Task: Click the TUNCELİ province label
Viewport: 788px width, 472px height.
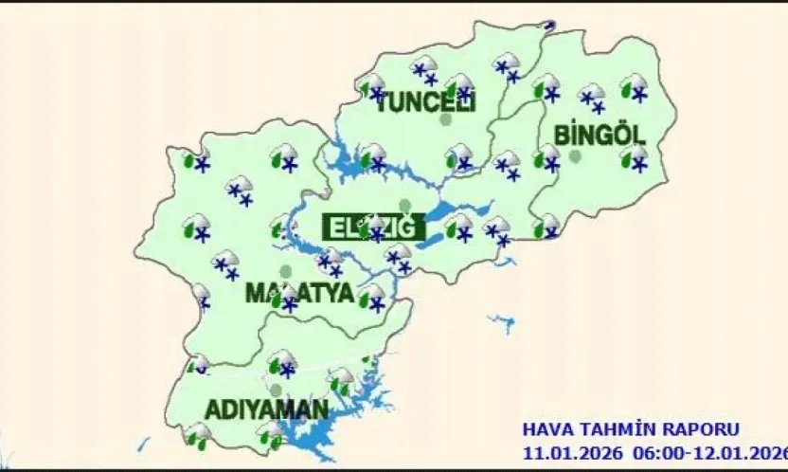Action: (x=425, y=102)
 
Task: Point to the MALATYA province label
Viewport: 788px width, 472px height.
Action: (x=299, y=292)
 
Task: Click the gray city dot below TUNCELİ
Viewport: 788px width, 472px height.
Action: (x=445, y=120)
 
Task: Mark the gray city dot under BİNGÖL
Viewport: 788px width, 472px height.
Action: (x=575, y=156)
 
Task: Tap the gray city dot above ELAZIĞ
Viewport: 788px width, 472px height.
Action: (x=405, y=205)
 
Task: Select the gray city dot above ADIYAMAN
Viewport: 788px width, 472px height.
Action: (x=276, y=390)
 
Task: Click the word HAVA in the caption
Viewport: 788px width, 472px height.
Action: (x=546, y=429)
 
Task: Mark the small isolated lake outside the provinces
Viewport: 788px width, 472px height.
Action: (x=505, y=322)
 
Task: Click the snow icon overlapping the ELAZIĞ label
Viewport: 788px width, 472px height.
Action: (x=377, y=227)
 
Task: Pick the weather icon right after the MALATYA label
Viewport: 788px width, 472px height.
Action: (x=374, y=299)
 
